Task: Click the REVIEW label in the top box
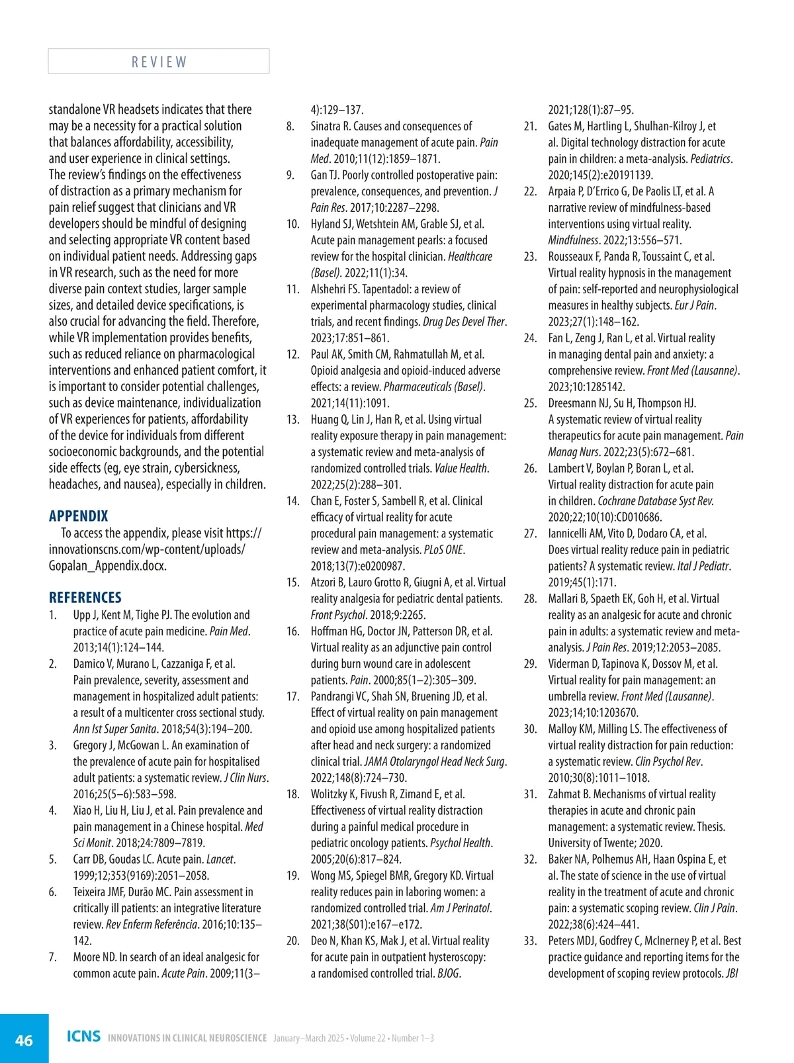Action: (x=159, y=62)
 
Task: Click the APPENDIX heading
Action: (x=78, y=516)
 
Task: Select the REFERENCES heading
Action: (x=85, y=597)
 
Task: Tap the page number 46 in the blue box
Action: (x=24, y=1040)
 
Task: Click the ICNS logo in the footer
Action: (x=83, y=1036)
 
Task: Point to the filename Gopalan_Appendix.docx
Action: (x=107, y=566)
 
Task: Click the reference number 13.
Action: (x=292, y=420)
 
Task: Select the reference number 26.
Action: (x=530, y=469)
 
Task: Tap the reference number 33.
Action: (x=530, y=941)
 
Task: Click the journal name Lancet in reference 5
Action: (x=220, y=860)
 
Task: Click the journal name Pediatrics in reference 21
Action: (x=711, y=159)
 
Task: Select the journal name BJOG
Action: (x=449, y=974)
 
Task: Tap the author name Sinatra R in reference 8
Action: (x=330, y=126)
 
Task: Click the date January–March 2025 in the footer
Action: (x=308, y=1038)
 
